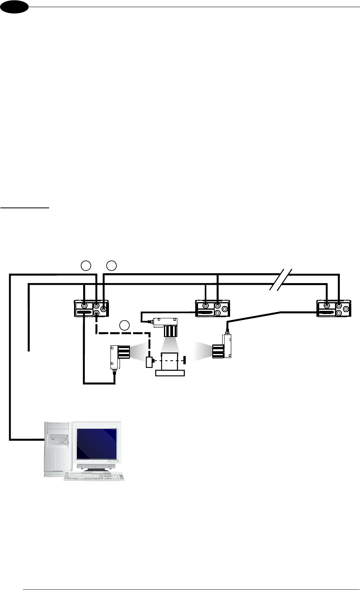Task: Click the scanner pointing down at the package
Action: point(166,326)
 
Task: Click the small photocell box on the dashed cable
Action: point(149,362)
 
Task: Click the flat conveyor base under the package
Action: point(170,373)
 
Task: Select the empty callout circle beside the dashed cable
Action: point(124,325)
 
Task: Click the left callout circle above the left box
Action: point(86,265)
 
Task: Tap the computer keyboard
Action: point(94,476)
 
